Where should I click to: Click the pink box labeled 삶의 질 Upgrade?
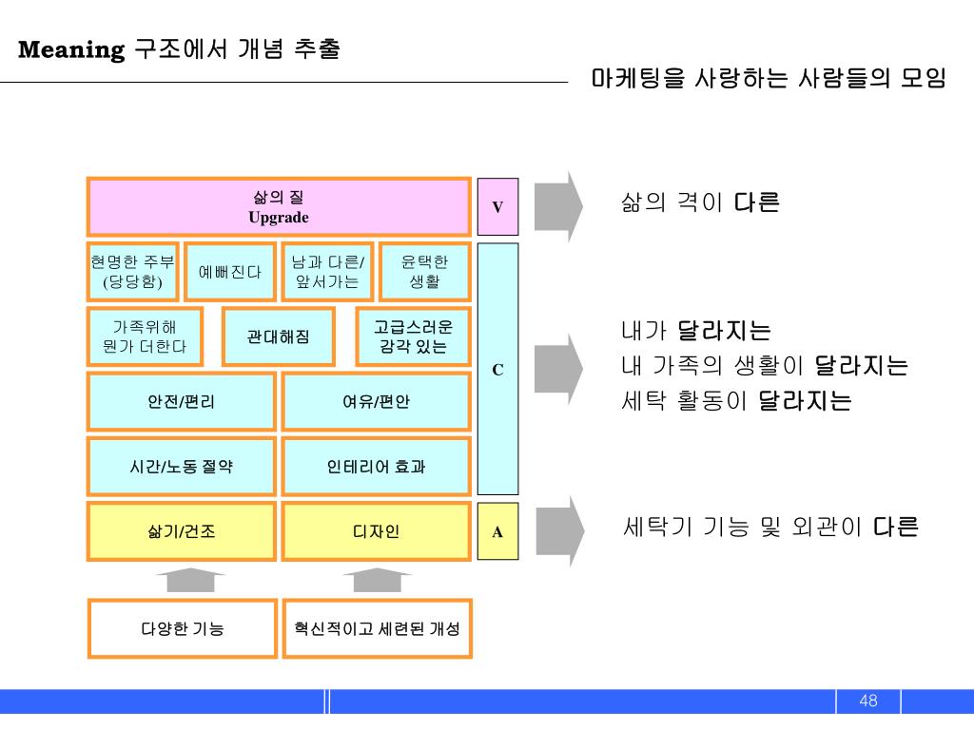pyautogui.click(x=279, y=206)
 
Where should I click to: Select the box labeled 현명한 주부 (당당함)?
pyautogui.click(x=132, y=273)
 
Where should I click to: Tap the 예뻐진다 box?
pyautogui.click(x=229, y=273)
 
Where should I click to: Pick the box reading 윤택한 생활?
pyautogui.click(x=424, y=273)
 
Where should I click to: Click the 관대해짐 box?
pyautogui.click(x=278, y=336)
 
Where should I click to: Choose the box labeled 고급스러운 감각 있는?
pyautogui.click(x=413, y=336)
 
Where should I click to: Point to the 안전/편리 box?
pyautogui.click(x=181, y=401)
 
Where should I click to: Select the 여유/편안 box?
pyautogui.click(x=377, y=401)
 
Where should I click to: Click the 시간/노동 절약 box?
pyautogui.click(x=181, y=467)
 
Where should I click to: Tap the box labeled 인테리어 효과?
pyautogui.click(x=377, y=467)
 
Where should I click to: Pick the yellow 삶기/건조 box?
pyautogui.click(x=181, y=531)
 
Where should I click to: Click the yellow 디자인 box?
pyautogui.click(x=377, y=531)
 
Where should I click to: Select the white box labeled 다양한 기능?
pyautogui.click(x=183, y=628)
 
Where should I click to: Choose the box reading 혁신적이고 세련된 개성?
pyautogui.click(x=377, y=628)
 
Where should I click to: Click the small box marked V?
pyautogui.click(x=497, y=206)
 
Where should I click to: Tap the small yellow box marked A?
pyautogui.click(x=497, y=531)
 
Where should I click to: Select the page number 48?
pyautogui.click(x=867, y=701)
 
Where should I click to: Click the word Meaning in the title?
pyautogui.click(x=72, y=49)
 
